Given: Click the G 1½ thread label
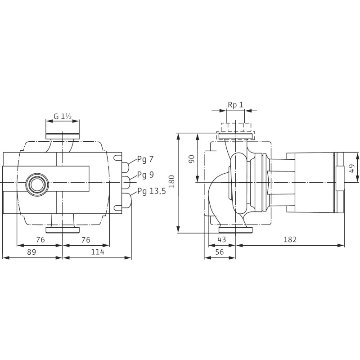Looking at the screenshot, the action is pos(63,117).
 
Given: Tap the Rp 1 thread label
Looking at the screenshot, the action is pos(235,105).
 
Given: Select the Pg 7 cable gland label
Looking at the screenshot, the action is pos(145,160).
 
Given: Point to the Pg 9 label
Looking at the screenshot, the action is pos(145,175).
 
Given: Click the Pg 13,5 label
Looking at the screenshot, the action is pos(152,191).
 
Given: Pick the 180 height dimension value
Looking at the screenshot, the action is pos(172,181).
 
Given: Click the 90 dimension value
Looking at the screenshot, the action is pos(192,159).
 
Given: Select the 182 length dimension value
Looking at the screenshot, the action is pos(290,239).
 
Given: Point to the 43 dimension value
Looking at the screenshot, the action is pos(221,239).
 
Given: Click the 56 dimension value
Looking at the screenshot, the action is pos(220,252).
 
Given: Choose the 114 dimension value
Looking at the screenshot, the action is pos(98,252).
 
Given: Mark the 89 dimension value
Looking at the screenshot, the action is pos(31,252).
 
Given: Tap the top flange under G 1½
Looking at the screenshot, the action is pos(63,136).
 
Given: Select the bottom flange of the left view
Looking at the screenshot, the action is pos(63,230).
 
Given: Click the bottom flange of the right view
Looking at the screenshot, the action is pos(236,230).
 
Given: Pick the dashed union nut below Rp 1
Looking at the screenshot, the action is pos(236,127).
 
